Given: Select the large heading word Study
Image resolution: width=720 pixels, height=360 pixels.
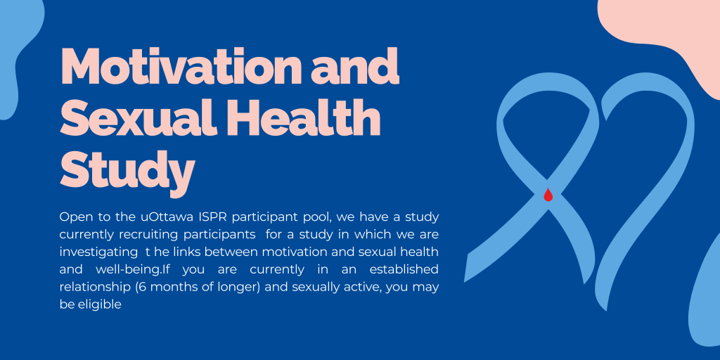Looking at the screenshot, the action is pyautogui.click(x=127, y=169).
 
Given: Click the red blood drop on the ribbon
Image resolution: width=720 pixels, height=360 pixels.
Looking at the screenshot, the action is pyautogui.click(x=548, y=195).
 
